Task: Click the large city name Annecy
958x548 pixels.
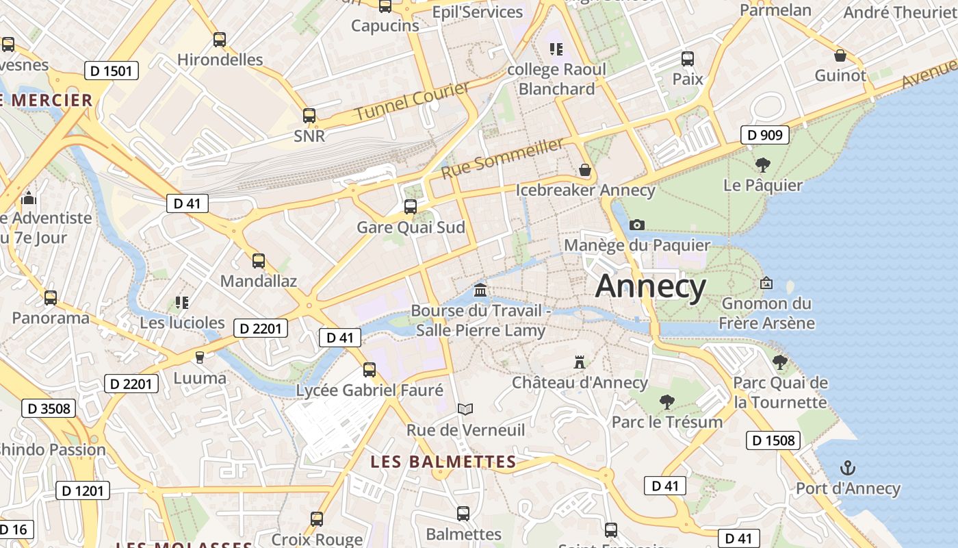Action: point(650,286)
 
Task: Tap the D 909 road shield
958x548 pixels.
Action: point(764,135)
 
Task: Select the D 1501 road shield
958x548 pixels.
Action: point(112,70)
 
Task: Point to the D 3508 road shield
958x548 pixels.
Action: point(48,408)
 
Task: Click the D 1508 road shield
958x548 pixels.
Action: point(773,440)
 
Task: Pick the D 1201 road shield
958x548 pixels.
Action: point(82,490)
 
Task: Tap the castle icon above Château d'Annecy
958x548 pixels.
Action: point(580,362)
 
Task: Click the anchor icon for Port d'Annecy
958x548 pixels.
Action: point(848,468)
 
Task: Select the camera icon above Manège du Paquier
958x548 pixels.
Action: point(636,225)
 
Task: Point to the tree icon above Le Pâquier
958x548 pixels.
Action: point(762,164)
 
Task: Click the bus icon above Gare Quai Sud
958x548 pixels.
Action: point(411,206)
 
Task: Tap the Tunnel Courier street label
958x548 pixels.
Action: point(412,101)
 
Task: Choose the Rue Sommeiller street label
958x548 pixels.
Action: point(503,158)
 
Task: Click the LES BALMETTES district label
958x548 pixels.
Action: point(443,462)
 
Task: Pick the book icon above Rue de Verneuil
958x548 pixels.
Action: point(465,409)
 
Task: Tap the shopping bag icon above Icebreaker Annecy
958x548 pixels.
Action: point(584,169)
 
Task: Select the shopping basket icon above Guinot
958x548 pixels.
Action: point(840,55)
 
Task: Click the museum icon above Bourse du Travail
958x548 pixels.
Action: point(480,290)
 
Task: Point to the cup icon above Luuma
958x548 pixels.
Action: point(200,357)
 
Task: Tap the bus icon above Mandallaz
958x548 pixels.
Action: point(258,260)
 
